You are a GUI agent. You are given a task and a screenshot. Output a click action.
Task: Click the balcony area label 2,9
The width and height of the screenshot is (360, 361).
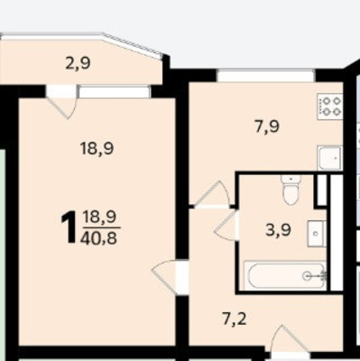coord(78,63)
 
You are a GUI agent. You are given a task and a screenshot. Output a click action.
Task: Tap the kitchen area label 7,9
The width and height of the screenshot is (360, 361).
coord(267,126)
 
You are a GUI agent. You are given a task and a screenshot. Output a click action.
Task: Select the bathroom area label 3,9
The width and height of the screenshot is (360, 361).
coord(278,231)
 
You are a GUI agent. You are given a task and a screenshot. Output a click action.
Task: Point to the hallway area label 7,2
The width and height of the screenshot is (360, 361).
coord(235,319)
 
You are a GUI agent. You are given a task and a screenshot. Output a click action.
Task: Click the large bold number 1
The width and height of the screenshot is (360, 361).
coord(69,227)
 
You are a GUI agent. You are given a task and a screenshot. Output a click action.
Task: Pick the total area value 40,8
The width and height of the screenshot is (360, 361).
coord(98,238)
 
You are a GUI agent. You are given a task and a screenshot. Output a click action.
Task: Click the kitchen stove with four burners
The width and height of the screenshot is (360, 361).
coord(330,106)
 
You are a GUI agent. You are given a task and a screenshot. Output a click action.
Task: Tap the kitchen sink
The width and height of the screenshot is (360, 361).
coord(330,158)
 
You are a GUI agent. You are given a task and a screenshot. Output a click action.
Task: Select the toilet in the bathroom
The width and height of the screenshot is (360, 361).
coord(291,190)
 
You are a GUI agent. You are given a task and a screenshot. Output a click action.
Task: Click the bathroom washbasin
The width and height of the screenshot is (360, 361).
coord(317,234)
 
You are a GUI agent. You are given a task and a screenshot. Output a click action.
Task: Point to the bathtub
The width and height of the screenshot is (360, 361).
coord(285,276)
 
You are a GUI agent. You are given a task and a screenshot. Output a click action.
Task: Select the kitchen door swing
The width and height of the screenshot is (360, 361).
coord(213,194)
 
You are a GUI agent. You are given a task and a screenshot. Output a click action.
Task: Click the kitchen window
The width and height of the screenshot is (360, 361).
coord(266,75)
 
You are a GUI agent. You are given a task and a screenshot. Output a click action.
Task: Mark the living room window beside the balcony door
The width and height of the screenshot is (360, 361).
coord(114,91)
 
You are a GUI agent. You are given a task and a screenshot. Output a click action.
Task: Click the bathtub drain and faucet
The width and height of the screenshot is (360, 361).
coord(315,276)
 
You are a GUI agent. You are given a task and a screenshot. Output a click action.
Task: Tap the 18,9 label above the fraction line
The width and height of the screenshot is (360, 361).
coord(99,217)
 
